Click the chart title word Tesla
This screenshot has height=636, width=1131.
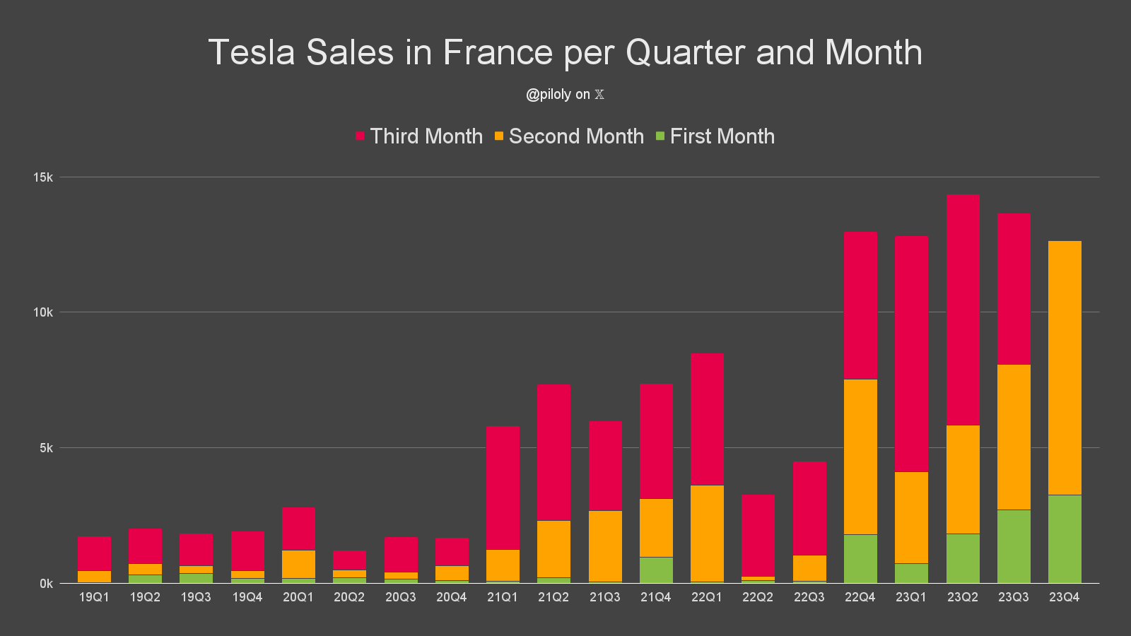coord(251,52)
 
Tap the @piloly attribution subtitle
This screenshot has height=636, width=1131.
coord(565,95)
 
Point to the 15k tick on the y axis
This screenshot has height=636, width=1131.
coord(43,177)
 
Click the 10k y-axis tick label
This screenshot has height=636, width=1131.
coord(43,312)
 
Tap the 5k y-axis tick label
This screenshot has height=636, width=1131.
coord(46,448)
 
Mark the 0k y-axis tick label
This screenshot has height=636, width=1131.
coord(46,584)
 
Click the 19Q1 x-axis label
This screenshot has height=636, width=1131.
coord(94,597)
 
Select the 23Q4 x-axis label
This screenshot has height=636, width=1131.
coord(1065,597)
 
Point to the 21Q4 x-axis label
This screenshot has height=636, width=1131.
coord(656,597)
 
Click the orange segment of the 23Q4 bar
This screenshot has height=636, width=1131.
coord(1065,367)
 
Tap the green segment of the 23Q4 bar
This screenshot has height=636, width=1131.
coord(1065,539)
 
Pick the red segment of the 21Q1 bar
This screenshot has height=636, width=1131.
coord(503,488)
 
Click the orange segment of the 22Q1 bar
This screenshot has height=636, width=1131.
coord(707,534)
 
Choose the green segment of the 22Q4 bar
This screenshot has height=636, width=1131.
coord(860,559)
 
